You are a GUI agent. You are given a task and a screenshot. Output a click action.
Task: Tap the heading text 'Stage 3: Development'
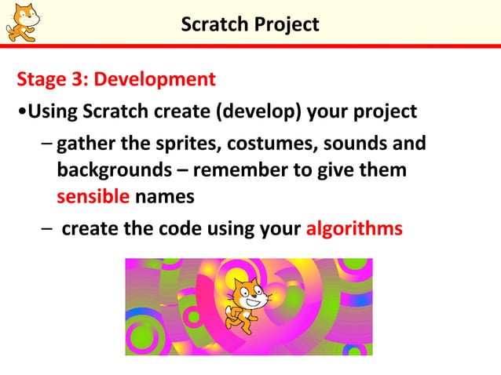coord(116,79)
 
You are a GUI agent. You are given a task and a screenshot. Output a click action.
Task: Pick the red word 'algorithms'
coord(354,228)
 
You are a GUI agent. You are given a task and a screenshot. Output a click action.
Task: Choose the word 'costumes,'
coord(264,145)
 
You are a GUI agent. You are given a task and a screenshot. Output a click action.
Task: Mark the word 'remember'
coord(240,170)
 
